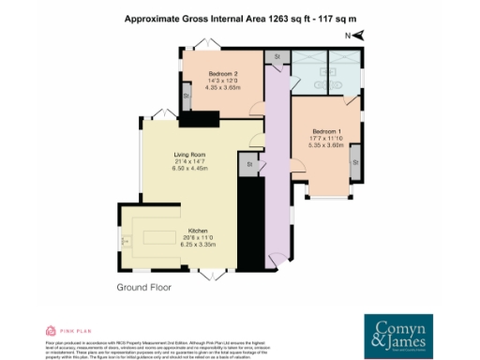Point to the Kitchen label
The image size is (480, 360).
tap(197, 231)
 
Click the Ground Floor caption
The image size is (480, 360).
tap(147, 287)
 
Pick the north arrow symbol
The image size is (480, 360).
tap(357, 36)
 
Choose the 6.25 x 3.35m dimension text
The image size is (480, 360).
tap(197, 245)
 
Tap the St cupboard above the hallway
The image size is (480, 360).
tap(277, 58)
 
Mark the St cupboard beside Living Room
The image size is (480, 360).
tap(250, 165)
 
